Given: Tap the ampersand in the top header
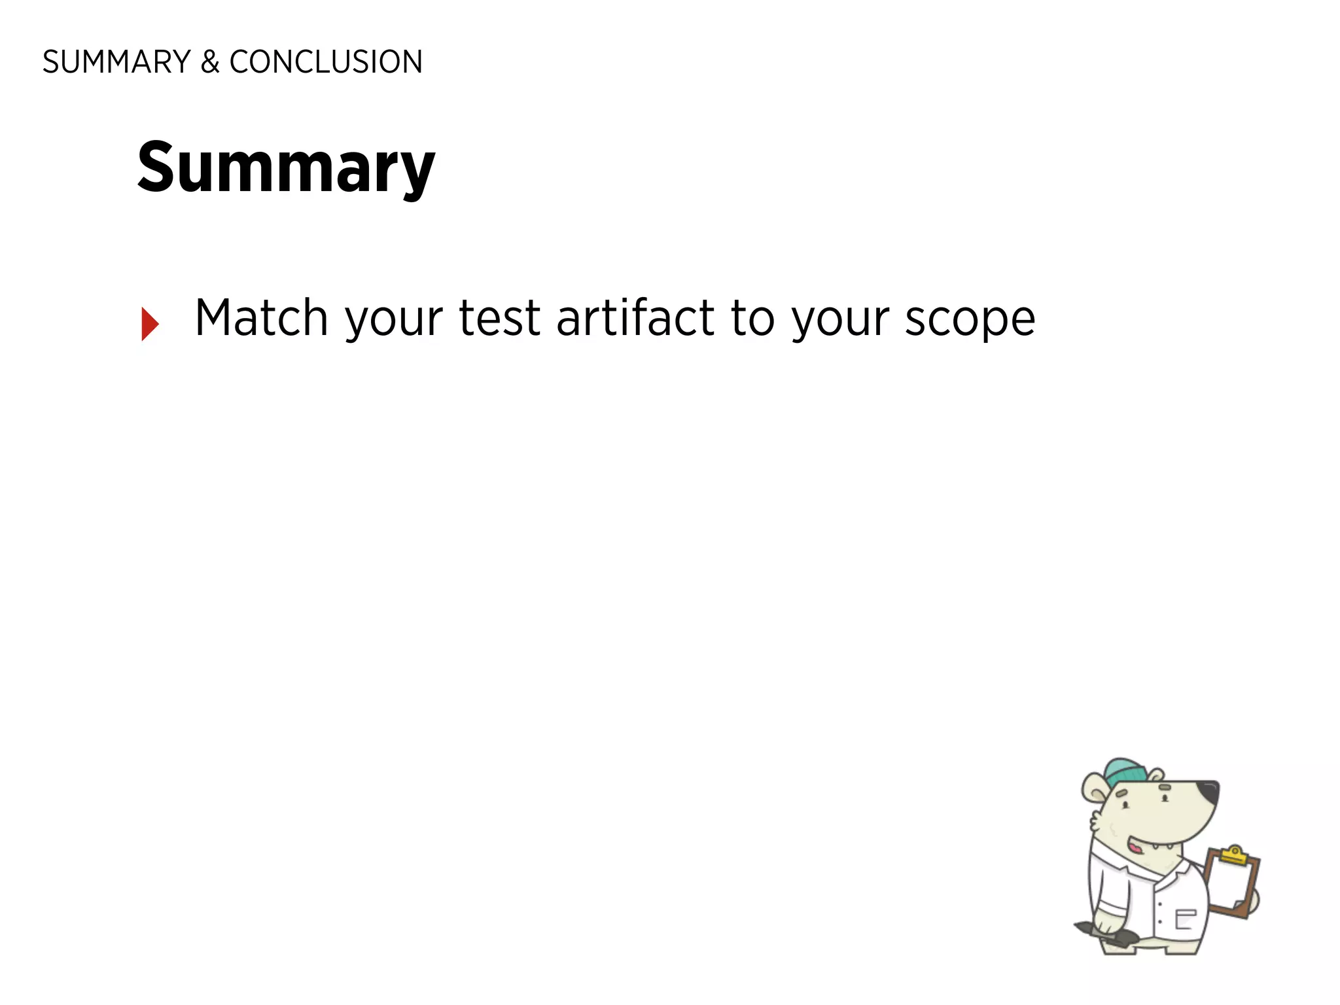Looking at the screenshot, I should (209, 62).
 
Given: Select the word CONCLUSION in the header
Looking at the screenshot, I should (326, 62).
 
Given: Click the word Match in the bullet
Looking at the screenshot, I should (261, 318).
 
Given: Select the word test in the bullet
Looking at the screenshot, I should (500, 318).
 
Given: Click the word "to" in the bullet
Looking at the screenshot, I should (752, 318).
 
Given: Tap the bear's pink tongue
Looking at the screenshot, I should (1135, 848).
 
